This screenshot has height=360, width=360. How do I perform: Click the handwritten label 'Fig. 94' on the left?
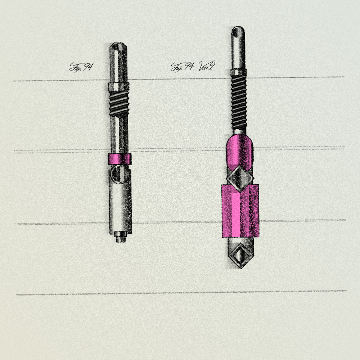pyautogui.click(x=81, y=67)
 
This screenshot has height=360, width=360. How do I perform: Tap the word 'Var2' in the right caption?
pyautogui.click(x=207, y=66)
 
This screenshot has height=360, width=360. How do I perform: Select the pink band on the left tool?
pyautogui.click(x=120, y=159)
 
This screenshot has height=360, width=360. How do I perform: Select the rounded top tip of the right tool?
pyautogui.click(x=238, y=32)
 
